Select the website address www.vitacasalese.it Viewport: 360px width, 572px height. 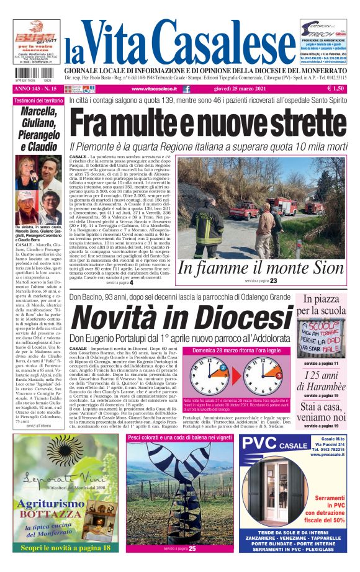pyautogui.click(x=151, y=90)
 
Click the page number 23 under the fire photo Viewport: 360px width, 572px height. pyautogui.click(x=273, y=281)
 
